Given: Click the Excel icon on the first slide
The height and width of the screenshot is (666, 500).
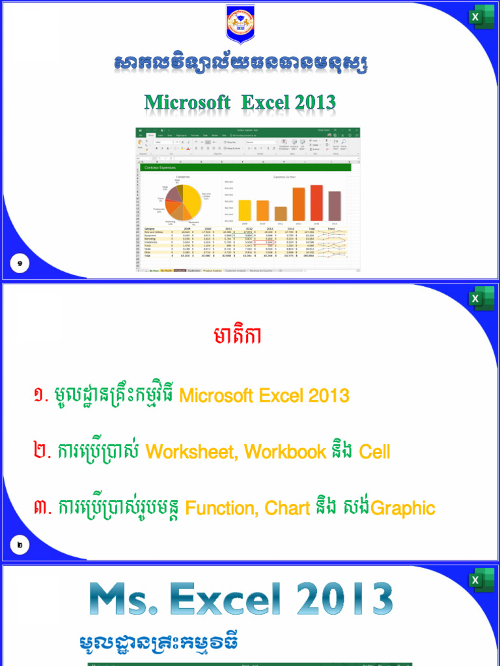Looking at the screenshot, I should pyautogui.click(x=481, y=17).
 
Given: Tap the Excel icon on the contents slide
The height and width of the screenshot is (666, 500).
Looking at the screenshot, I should pyautogui.click(x=481, y=299).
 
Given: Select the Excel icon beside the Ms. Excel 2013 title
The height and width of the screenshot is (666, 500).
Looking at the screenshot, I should pyautogui.click(x=481, y=580).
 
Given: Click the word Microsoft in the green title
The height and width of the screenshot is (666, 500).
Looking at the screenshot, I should pyautogui.click(x=187, y=103).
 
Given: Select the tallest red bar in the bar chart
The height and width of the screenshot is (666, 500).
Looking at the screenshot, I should pyautogui.click(x=316, y=203).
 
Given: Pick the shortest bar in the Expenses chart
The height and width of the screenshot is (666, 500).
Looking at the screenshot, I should pyautogui.click(x=281, y=213).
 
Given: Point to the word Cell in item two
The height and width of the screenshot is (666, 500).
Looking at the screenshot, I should pyautogui.click(x=374, y=452).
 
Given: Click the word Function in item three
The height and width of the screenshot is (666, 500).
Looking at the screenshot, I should pyautogui.click(x=215, y=509).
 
